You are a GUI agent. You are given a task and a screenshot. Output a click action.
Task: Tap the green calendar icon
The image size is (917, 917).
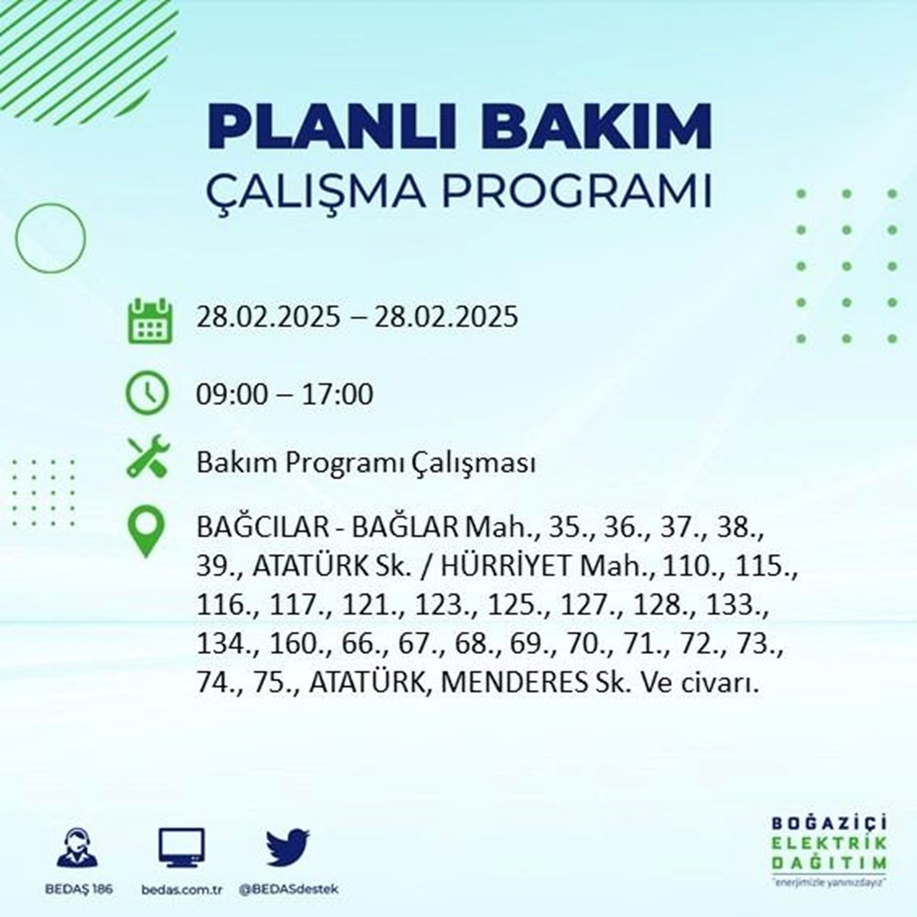[x=148, y=319]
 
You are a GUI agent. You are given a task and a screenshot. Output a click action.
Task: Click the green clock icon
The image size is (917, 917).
[x=148, y=394]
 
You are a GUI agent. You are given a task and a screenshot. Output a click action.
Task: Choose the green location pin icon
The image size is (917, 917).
[x=147, y=533]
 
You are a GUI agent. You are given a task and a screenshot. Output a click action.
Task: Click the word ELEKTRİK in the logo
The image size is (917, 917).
[x=829, y=843]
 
